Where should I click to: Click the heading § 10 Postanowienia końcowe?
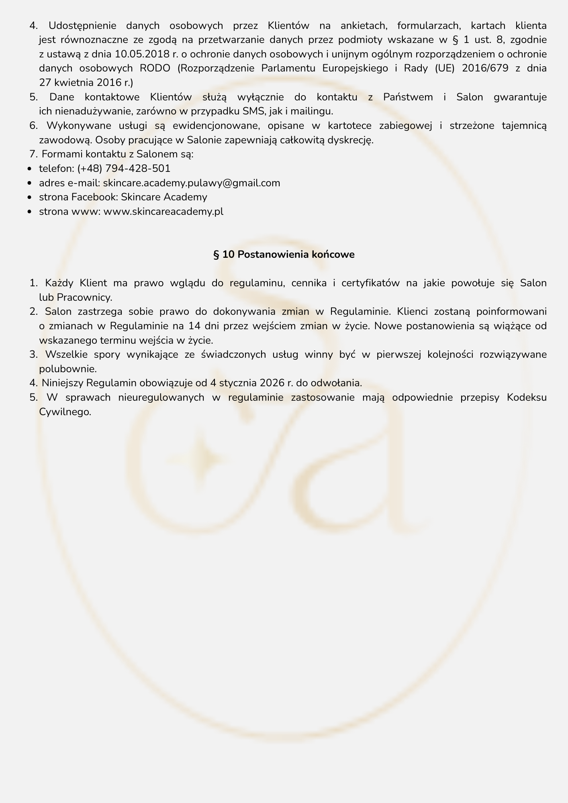point(284,255)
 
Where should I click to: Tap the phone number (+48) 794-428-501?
point(124,168)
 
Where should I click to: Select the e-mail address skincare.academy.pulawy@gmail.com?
point(192,183)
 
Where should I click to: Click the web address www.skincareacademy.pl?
point(163,211)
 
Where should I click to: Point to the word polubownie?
point(67,369)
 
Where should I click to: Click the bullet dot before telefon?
point(31,169)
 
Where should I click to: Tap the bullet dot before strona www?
point(31,212)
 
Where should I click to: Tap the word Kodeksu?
point(527,397)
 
